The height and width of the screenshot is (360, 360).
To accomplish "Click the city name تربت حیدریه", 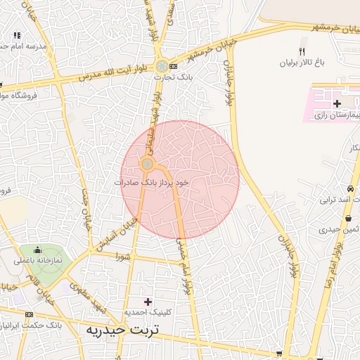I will [122, 329].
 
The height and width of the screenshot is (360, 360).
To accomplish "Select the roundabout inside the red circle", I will [147, 165].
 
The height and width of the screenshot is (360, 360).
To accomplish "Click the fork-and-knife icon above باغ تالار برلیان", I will [302, 51].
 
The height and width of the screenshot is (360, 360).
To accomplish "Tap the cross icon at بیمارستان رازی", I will [337, 104].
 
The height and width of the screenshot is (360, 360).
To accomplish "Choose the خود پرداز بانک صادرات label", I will [153, 181].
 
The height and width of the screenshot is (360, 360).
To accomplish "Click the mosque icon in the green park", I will [37, 250].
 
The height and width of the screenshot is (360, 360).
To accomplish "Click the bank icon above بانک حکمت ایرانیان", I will [29, 314].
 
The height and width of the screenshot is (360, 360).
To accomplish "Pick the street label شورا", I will [124, 257].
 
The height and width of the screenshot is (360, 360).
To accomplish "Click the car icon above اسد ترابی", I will [350, 188].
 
